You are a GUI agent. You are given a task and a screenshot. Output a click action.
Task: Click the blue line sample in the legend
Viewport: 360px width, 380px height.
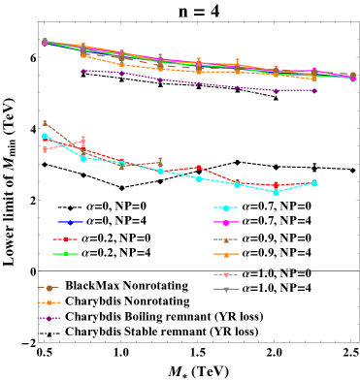point(70,222)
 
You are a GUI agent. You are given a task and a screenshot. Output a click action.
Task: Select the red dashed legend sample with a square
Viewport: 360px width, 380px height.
point(65,238)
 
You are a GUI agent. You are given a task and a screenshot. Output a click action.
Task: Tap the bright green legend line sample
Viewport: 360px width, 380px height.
point(65,254)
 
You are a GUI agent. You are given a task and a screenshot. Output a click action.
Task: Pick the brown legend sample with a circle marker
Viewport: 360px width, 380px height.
point(49,288)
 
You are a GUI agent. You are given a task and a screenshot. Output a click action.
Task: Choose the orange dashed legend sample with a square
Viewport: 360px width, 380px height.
point(49,302)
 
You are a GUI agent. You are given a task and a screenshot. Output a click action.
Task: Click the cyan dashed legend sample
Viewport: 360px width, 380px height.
point(226,207)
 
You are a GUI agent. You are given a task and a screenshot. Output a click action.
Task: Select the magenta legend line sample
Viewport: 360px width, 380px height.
point(226,223)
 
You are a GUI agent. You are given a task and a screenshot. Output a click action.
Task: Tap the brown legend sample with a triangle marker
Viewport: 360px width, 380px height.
point(226,239)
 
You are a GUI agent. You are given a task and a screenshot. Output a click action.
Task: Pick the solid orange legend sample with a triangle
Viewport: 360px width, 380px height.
point(226,255)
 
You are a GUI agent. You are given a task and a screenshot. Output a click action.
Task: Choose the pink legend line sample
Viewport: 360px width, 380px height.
point(226,274)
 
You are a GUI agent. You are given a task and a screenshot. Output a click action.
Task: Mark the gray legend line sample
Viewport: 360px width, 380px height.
point(226,289)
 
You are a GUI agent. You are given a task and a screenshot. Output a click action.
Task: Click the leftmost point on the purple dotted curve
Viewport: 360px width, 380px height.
point(83,70)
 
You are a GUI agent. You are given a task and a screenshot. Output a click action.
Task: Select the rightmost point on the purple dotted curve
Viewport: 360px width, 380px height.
point(314,90)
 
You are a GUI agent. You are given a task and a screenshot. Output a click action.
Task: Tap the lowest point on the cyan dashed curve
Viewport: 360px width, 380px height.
point(276,192)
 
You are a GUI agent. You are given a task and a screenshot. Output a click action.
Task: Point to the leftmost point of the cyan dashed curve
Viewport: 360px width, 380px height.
point(45,137)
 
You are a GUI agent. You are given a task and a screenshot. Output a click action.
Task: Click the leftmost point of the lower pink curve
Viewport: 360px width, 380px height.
point(45,149)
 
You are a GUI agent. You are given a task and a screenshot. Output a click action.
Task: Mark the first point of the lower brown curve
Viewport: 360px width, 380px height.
point(45,123)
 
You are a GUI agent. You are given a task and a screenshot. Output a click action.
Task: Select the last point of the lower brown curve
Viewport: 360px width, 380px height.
point(160,162)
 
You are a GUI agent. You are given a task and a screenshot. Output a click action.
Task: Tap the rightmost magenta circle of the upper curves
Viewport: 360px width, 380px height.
point(352,79)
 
